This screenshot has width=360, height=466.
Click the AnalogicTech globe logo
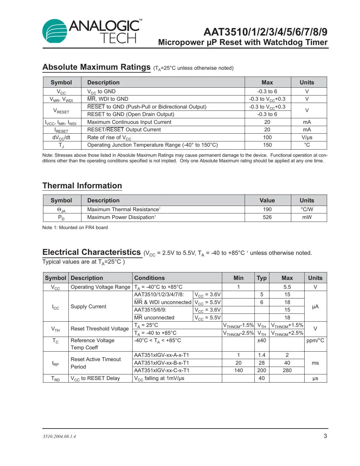coord(55,31)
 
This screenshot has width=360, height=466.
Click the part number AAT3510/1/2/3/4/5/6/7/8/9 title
coord(265,32)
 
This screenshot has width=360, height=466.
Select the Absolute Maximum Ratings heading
coord(96,67)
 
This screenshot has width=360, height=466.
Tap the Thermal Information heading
coord(82,186)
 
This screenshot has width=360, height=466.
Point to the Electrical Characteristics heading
coord(92,252)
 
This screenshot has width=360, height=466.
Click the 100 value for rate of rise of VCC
coord(267,138)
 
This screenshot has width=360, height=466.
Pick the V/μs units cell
coord(307,138)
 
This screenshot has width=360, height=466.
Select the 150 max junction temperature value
coord(267,145)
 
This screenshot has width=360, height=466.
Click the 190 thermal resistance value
coord(267,210)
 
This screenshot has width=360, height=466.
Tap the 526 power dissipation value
coord(267,217)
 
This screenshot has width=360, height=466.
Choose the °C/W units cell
coord(307,210)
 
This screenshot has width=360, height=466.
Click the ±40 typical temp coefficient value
coord(262,341)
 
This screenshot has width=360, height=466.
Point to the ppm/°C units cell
coord(315,341)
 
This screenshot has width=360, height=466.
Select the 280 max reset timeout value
coord(287,371)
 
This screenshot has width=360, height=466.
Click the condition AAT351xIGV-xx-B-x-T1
coord(162,363)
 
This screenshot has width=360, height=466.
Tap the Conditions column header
coord(150,278)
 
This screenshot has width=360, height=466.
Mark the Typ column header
coord(262,278)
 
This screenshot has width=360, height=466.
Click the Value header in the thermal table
coord(267,200)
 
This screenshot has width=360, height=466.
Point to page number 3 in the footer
coord(325,436)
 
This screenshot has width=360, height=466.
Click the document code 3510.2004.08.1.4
coord(59,437)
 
